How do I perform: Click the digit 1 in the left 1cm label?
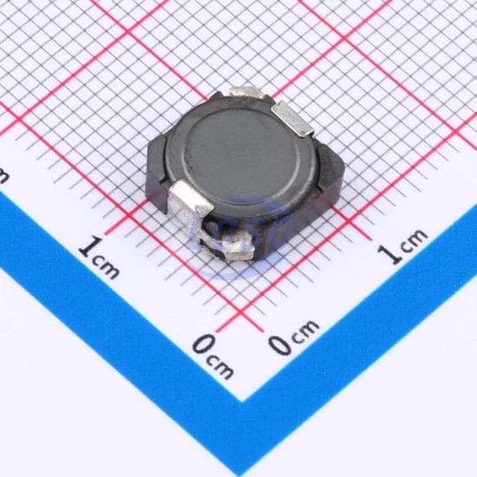click(x=91, y=245)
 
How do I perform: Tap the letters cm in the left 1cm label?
click(x=106, y=267)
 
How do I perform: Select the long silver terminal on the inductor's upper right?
click(x=291, y=119)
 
